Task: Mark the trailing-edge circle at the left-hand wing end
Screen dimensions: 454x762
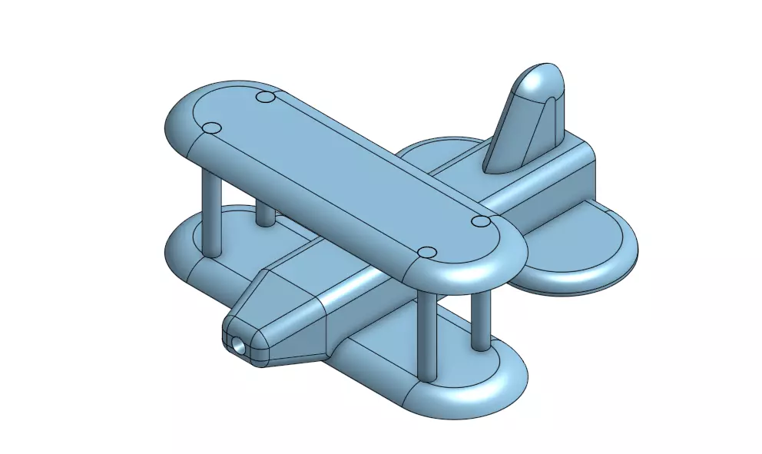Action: click(x=266, y=98)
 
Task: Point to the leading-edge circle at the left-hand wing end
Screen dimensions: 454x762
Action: click(x=212, y=128)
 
